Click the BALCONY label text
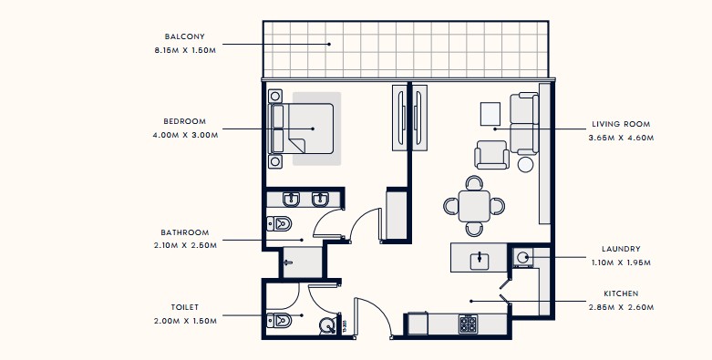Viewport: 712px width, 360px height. tap(184, 36)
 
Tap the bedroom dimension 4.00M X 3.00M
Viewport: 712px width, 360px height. tap(185, 135)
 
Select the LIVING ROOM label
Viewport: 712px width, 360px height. tap(621, 124)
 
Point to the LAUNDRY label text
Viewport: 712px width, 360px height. tap(621, 249)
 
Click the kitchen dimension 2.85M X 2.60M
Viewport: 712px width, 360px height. tap(621, 307)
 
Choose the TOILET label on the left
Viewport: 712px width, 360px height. tap(185, 307)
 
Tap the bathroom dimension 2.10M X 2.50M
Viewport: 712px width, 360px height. tap(185, 245)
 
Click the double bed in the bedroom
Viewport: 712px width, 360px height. tap(302, 129)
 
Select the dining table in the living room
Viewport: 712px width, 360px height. tap(474, 207)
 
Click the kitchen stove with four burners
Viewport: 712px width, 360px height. tap(468, 324)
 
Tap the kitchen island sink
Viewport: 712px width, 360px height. tap(479, 260)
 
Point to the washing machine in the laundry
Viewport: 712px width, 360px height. tap(522, 257)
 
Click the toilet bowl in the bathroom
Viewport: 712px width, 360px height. tap(279, 223)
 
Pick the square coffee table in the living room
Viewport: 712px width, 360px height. tap(490, 114)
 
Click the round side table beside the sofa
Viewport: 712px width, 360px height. tap(525, 164)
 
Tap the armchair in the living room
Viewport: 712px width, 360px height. tap(491, 155)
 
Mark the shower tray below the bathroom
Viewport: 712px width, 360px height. tap(303, 262)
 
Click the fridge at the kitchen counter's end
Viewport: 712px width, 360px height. tap(418, 324)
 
